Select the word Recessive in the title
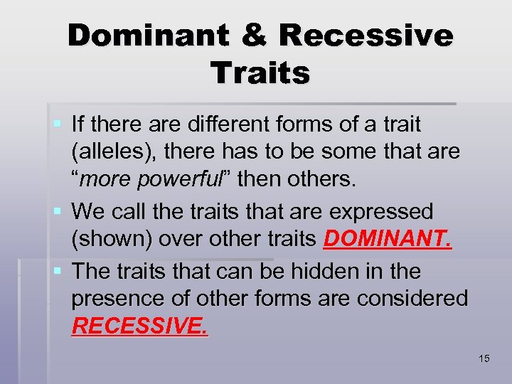[x=366, y=36]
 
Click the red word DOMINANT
[x=387, y=240]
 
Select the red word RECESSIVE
[x=140, y=326]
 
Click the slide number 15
[x=484, y=358]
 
